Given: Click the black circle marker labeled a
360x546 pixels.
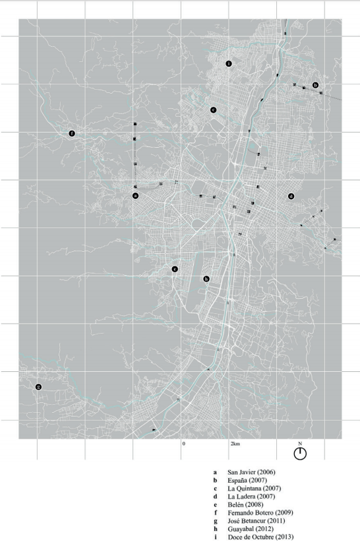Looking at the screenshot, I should pyautogui.click(x=135, y=196).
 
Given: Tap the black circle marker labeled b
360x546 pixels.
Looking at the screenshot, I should pyautogui.click(x=315, y=86).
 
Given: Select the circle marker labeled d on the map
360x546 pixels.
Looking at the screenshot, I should pyautogui.click(x=291, y=197).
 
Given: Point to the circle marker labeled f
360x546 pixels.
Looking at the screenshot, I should pyautogui.click(x=72, y=134).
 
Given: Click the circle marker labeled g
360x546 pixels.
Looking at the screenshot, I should pyautogui.click(x=38, y=386).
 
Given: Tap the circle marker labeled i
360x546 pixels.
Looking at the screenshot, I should pyautogui.click(x=228, y=64).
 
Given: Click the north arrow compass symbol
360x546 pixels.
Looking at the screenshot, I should pyautogui.click(x=300, y=453).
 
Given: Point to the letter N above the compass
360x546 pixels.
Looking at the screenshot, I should pyautogui.click(x=300, y=443).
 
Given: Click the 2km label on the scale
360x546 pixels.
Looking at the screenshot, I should pyautogui.click(x=235, y=444).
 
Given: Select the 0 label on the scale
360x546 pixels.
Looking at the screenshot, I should pyautogui.click(x=184, y=444).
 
